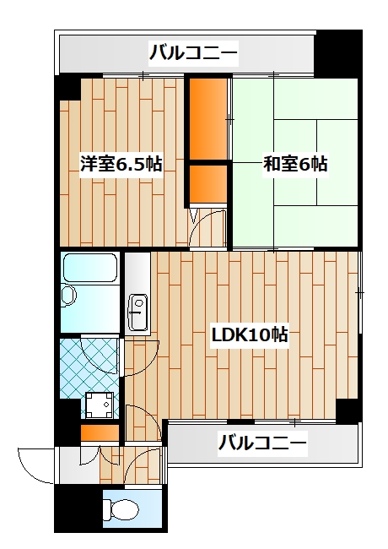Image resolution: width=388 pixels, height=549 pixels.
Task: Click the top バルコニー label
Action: [x=193, y=56]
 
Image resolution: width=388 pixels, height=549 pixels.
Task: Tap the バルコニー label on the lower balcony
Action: [x=262, y=441]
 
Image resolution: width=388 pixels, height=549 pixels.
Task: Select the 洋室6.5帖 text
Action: [x=121, y=164]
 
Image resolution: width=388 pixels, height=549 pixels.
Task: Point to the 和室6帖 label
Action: [x=295, y=164]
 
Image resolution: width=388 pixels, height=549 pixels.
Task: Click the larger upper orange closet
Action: [x=207, y=118]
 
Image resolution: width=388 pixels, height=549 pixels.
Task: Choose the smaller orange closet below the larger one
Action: [x=207, y=183]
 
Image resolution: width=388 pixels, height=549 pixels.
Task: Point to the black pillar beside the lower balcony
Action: [x=348, y=410]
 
